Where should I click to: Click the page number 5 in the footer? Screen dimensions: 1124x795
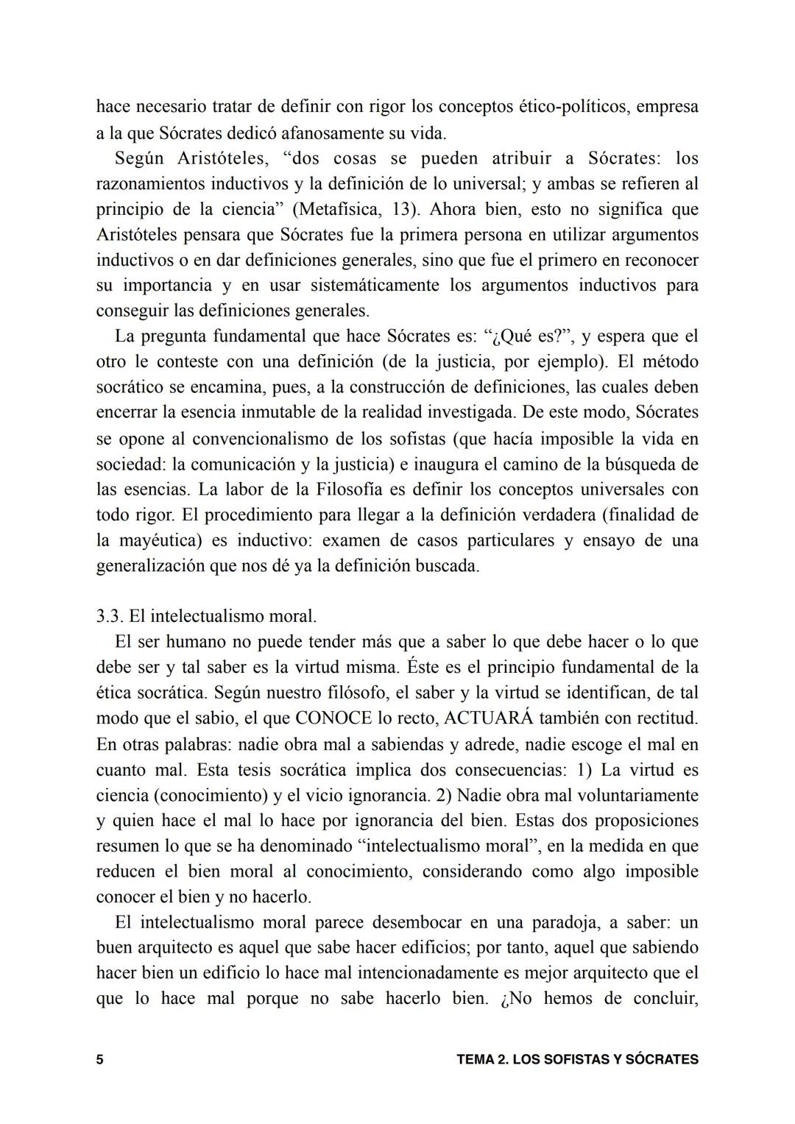(99, 1060)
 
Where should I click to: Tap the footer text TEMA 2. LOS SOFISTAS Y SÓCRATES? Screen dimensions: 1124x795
(577, 1060)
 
